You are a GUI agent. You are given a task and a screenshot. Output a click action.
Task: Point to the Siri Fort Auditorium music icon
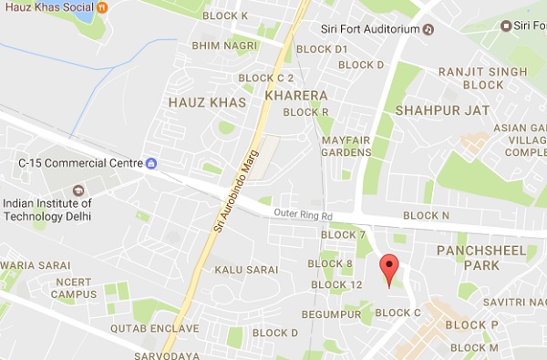point(427,28)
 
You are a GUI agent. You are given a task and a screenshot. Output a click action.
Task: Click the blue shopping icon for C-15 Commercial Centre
point(151,163)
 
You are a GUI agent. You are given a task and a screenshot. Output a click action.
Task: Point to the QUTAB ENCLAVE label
point(154,328)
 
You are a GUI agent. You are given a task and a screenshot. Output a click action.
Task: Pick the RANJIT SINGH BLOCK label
point(470,77)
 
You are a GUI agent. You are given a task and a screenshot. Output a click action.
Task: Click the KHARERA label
point(295,94)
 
